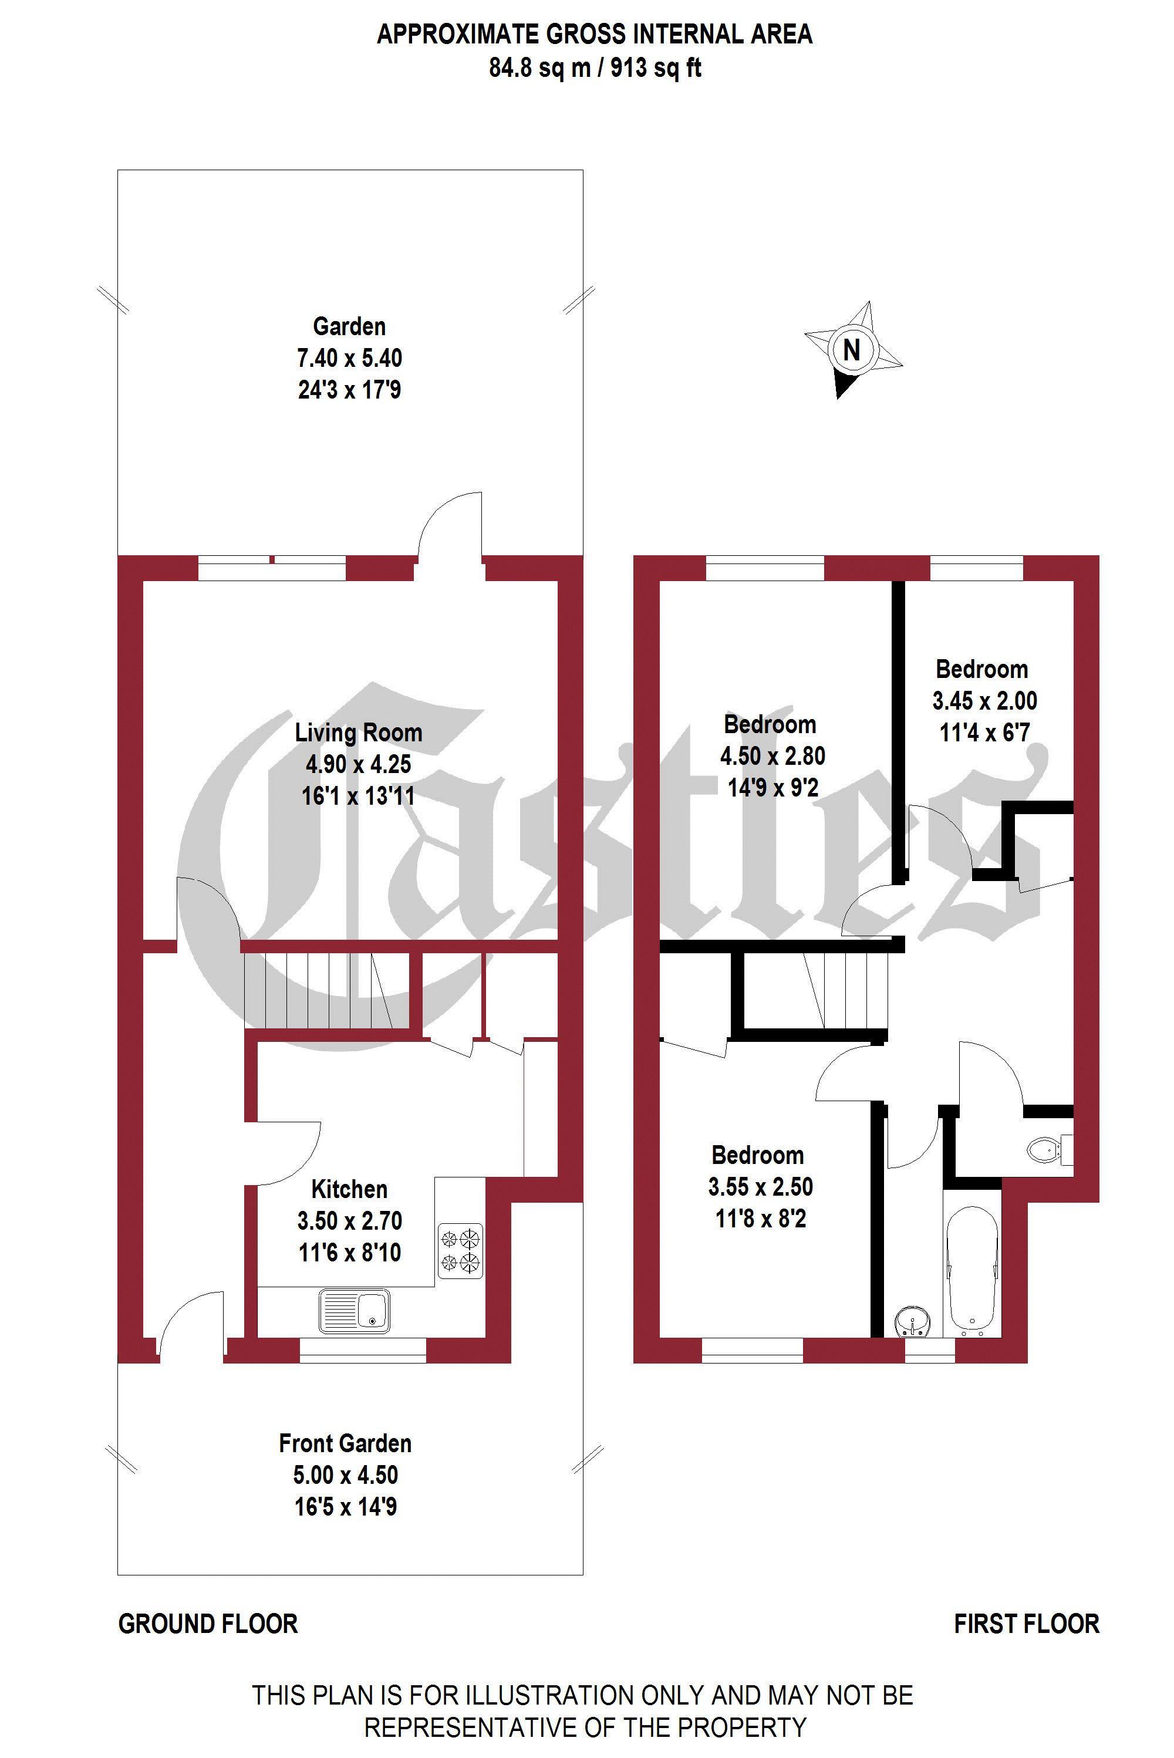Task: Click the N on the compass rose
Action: tap(851, 350)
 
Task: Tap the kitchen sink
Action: tap(354, 1310)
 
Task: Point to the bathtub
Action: tap(973, 1269)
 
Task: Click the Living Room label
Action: tap(359, 732)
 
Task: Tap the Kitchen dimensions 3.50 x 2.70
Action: tap(350, 1220)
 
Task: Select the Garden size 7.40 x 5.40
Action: tap(350, 358)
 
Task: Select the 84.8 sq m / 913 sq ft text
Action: tap(595, 68)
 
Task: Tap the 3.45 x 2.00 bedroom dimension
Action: tap(984, 701)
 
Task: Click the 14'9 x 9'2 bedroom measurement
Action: tap(772, 787)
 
